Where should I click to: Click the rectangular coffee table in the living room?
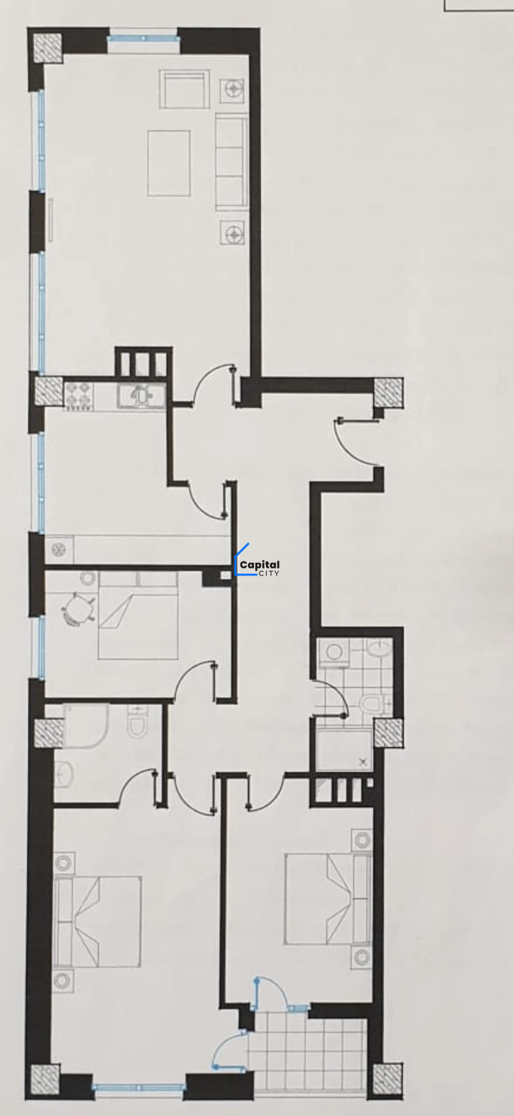coord(169,163)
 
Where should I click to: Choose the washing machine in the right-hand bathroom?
coord(334,652)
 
